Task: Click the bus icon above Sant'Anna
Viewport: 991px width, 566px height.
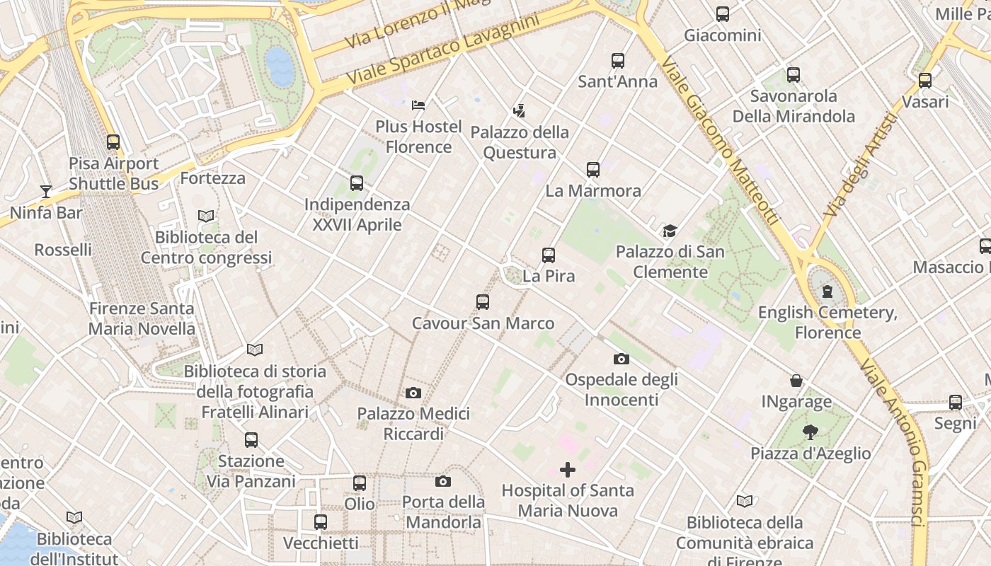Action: (x=618, y=61)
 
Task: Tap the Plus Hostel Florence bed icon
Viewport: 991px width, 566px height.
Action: (x=418, y=105)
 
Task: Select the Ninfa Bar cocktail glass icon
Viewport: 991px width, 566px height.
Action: (x=46, y=191)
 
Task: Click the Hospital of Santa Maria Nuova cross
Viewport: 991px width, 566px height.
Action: (x=568, y=469)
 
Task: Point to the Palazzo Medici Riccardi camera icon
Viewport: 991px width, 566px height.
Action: (x=413, y=393)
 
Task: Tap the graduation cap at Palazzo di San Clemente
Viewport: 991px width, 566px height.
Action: (x=670, y=231)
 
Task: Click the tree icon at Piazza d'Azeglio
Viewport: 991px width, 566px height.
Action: (x=810, y=432)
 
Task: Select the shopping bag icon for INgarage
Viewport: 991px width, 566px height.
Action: (x=796, y=381)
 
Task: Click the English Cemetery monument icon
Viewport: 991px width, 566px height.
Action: (x=827, y=291)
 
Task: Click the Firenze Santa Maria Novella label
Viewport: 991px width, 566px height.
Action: (x=142, y=318)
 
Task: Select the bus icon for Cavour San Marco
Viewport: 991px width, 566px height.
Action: (x=483, y=302)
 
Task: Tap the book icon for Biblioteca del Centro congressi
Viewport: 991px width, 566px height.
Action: (x=206, y=216)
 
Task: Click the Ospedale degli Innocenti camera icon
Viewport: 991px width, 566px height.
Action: (x=621, y=359)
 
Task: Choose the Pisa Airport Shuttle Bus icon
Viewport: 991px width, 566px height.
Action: (x=113, y=142)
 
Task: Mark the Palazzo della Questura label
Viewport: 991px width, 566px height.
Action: (x=520, y=142)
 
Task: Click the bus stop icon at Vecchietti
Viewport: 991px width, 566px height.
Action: (x=321, y=522)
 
